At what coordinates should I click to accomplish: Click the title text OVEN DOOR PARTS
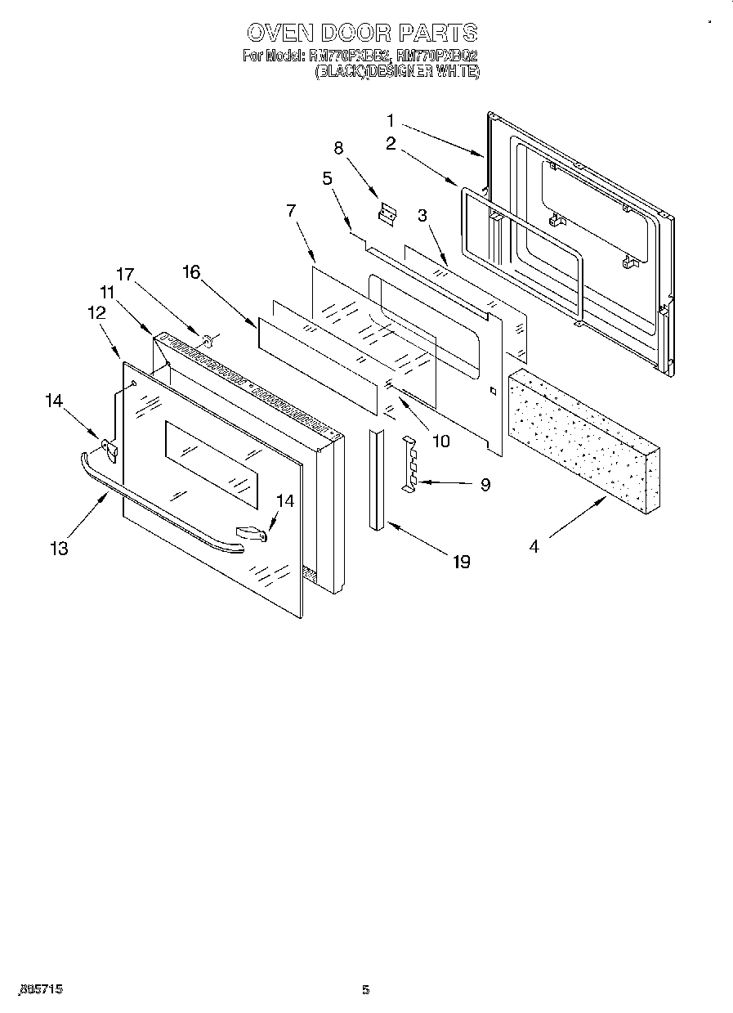click(362, 33)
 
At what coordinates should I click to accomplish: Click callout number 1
click(391, 119)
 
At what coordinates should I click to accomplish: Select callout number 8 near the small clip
click(338, 148)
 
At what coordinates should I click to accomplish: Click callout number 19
click(462, 562)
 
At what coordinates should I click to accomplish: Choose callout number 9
click(485, 485)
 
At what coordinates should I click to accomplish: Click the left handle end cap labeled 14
click(109, 447)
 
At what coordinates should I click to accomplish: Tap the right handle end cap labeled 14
click(253, 533)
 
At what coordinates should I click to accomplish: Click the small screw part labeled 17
click(206, 337)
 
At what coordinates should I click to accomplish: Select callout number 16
click(191, 272)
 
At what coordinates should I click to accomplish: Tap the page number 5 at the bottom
click(366, 991)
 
